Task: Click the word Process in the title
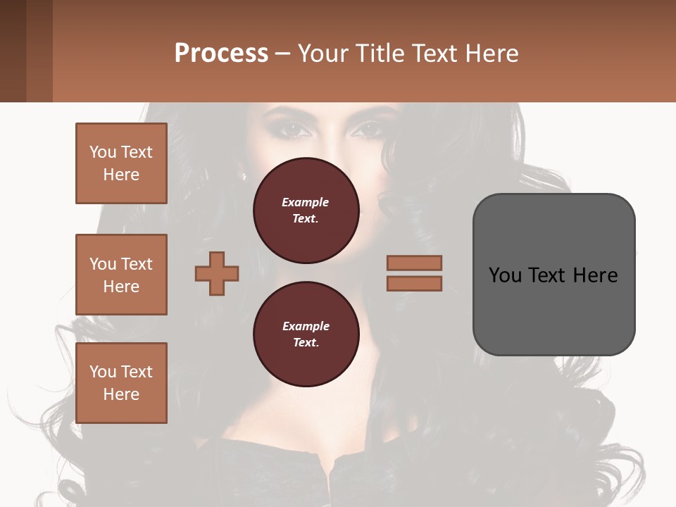pyautogui.click(x=221, y=54)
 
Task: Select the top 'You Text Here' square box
pyautogui.click(x=121, y=163)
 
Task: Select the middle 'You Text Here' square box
pyautogui.click(x=121, y=275)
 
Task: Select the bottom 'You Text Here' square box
pyautogui.click(x=121, y=383)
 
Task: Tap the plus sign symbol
pyautogui.click(x=217, y=273)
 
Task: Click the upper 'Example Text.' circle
pyautogui.click(x=306, y=211)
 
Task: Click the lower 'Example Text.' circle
pyautogui.click(x=306, y=334)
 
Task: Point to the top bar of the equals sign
pyautogui.click(x=415, y=263)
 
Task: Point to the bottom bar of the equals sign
pyautogui.click(x=415, y=283)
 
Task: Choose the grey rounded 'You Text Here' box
pyautogui.click(x=553, y=274)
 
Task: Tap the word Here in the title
pyautogui.click(x=492, y=54)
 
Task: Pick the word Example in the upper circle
pyautogui.click(x=305, y=202)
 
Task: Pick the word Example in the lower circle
pyautogui.click(x=306, y=326)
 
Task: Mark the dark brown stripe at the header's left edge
pyautogui.click(x=13, y=51)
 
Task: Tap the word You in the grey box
pyautogui.click(x=506, y=275)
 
